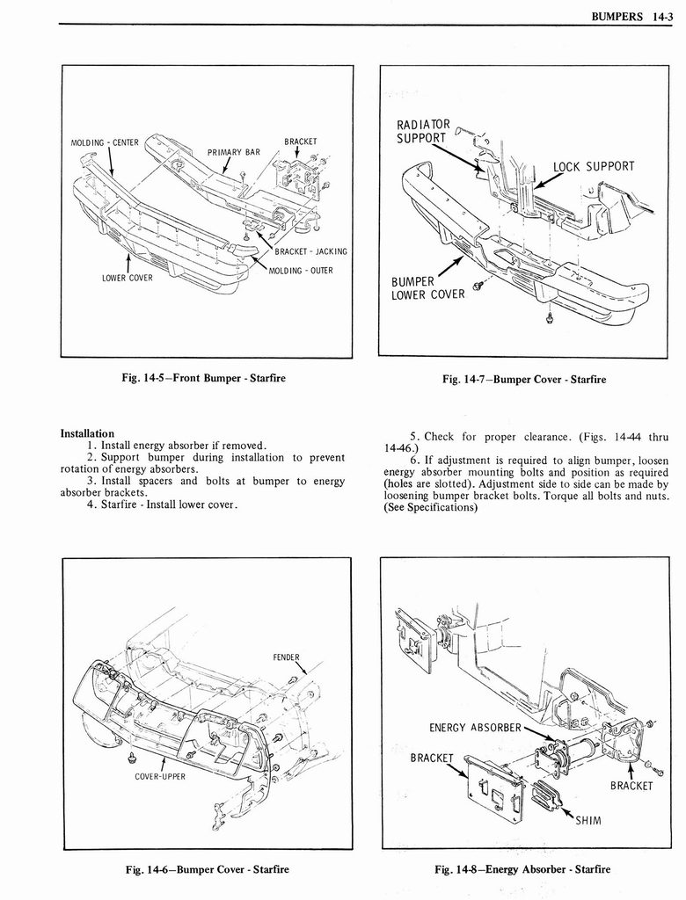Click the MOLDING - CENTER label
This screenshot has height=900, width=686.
[x=105, y=142]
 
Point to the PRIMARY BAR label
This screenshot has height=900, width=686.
[x=235, y=151]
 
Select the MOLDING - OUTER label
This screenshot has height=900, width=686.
[x=301, y=270]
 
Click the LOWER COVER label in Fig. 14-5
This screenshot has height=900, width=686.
[x=127, y=279]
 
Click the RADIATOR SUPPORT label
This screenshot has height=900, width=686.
[x=423, y=131]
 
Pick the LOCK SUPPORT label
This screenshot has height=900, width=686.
[x=594, y=166]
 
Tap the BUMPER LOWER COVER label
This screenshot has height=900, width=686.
[x=427, y=287]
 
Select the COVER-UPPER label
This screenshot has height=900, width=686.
[x=161, y=776]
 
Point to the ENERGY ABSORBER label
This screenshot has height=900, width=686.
[x=476, y=727]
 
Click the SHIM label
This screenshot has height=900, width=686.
[x=588, y=821]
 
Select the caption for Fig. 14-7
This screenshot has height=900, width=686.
[x=525, y=380]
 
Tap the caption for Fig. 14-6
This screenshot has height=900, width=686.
[x=208, y=869]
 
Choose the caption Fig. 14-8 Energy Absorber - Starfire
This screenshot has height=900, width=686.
[x=522, y=869]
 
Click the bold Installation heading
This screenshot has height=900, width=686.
[x=87, y=433]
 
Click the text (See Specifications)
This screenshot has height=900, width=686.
[x=431, y=507]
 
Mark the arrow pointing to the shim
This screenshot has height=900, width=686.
[x=563, y=810]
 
